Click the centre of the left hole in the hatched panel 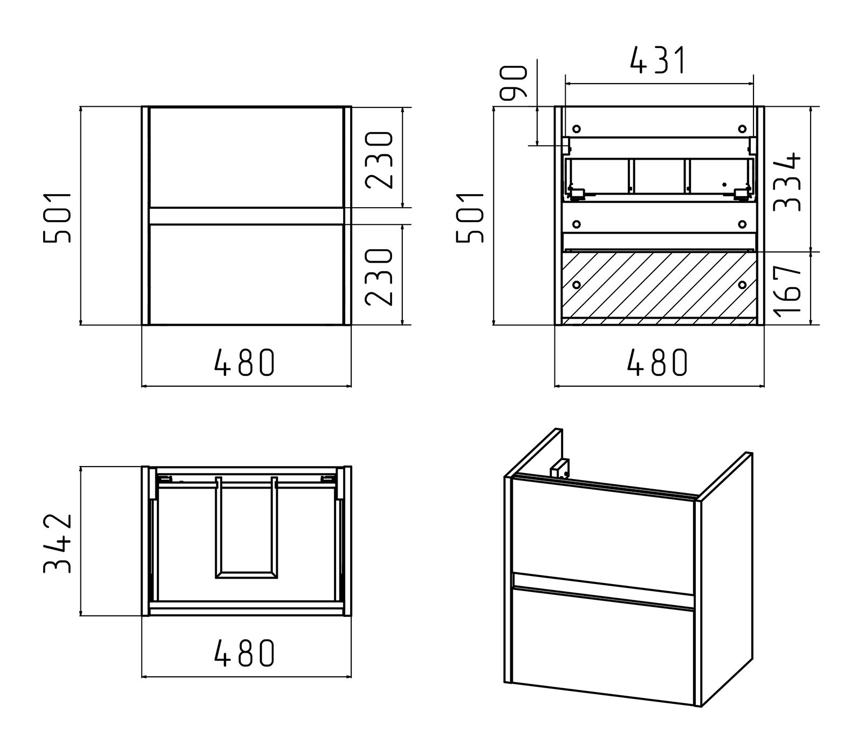(576, 284)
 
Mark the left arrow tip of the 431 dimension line (565, 84)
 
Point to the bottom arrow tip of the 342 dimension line (80, 615)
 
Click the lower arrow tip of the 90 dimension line (537, 145)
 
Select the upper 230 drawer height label (378, 160)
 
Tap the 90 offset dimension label (513, 83)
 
